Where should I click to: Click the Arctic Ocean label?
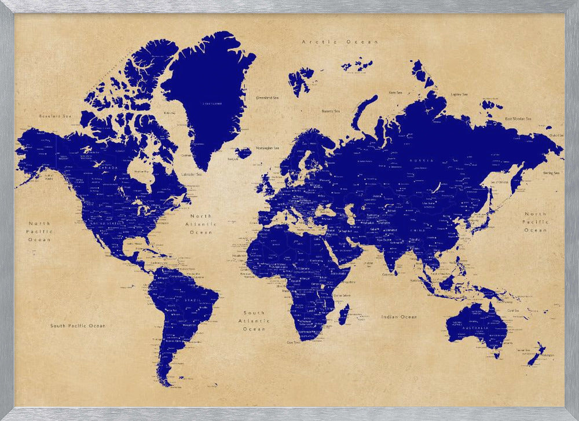(x=340, y=42)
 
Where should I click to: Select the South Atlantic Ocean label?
(x=254, y=321)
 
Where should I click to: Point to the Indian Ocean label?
(x=399, y=317)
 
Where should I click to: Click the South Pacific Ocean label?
(x=78, y=326)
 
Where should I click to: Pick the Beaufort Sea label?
(x=54, y=116)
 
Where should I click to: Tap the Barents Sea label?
(x=330, y=111)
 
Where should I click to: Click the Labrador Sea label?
(x=192, y=174)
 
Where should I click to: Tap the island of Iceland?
(x=243, y=153)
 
